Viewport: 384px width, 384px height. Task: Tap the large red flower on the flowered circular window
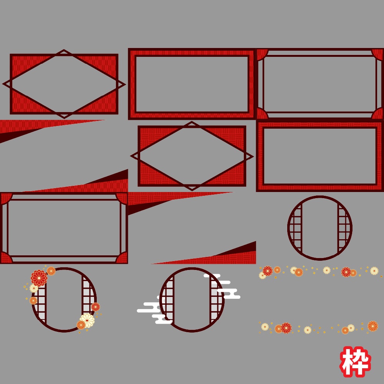[39, 278]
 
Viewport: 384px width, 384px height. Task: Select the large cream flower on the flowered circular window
[87, 320]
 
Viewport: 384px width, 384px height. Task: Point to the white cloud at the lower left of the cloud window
[154, 310]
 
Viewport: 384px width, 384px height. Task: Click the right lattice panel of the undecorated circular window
[344, 228]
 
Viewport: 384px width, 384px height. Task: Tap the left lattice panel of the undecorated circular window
[295, 228]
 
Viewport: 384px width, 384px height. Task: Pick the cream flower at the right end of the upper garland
[374, 271]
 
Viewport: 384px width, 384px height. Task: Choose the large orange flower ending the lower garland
[373, 326]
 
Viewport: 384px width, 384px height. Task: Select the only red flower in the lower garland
[286, 328]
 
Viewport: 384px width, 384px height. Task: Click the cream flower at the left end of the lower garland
[265, 327]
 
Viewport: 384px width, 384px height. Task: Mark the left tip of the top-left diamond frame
[3, 84]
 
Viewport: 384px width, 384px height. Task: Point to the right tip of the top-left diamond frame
[125, 85]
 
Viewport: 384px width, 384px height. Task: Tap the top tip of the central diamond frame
[192, 122]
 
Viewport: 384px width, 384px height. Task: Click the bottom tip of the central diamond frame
[192, 190]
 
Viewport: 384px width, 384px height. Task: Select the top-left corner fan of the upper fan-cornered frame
[262, 54]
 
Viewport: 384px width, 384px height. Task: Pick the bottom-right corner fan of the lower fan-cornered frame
[122, 258]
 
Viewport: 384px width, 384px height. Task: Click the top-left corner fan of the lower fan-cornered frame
[6, 199]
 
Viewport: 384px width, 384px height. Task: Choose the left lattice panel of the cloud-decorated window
[167, 299]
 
